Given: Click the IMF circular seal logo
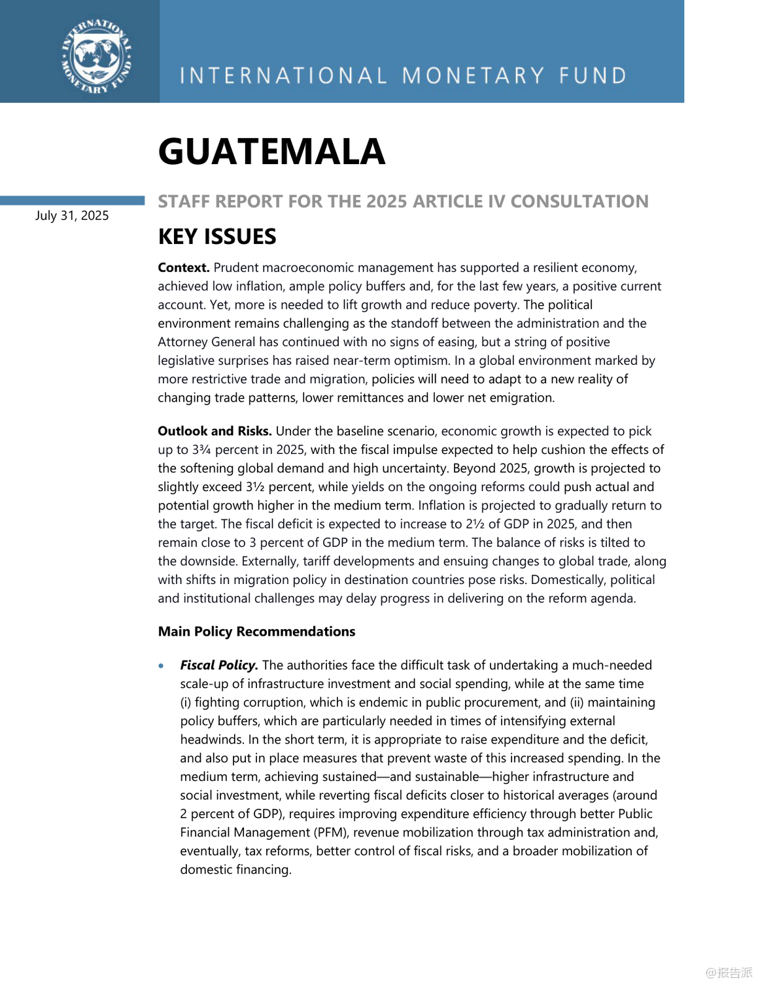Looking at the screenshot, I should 97,56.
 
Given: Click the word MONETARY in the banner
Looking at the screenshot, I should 473,76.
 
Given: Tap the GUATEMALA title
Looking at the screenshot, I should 271,152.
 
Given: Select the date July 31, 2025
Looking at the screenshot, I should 72,216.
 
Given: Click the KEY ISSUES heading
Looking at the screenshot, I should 217,236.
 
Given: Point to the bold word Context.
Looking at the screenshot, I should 184,267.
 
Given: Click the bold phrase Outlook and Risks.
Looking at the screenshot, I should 215,431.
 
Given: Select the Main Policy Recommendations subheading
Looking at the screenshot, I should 256,631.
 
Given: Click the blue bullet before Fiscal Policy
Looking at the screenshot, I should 162,666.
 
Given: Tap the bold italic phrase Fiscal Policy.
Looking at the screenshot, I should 219,665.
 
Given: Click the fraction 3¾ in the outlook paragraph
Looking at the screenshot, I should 201,450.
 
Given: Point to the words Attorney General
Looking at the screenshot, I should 207,342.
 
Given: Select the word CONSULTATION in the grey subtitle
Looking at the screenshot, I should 579,201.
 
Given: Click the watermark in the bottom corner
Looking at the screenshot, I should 729,972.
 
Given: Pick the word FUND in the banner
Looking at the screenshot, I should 593,76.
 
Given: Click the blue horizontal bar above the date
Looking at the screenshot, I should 72,200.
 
